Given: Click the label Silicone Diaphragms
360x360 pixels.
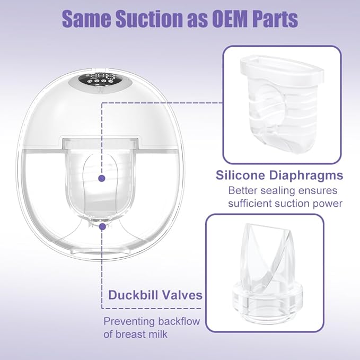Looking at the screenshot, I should tap(279, 175).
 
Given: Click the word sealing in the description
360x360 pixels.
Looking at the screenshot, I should tap(277, 190).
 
